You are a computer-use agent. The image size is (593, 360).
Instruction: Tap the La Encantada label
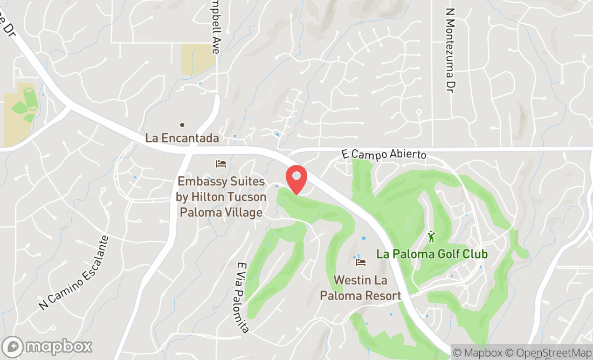tap(182, 138)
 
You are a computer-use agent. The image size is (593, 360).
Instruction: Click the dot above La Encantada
tap(182, 124)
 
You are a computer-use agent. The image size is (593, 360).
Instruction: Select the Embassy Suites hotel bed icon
tap(221, 163)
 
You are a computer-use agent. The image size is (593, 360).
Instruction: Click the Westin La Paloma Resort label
tap(361, 288)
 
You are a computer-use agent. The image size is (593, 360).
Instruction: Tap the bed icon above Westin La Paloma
tap(361, 262)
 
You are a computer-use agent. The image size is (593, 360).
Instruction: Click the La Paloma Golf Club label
tap(432, 253)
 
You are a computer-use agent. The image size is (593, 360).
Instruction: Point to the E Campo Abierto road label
tap(383, 154)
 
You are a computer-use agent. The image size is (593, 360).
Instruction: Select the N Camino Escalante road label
tap(74, 273)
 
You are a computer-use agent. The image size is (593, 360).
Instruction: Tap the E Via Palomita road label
tap(243, 297)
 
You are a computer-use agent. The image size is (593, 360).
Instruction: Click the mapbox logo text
tap(59, 346)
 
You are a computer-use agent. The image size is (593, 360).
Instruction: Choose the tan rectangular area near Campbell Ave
tap(198, 59)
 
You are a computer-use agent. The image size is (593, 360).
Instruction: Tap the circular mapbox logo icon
tap(13, 346)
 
